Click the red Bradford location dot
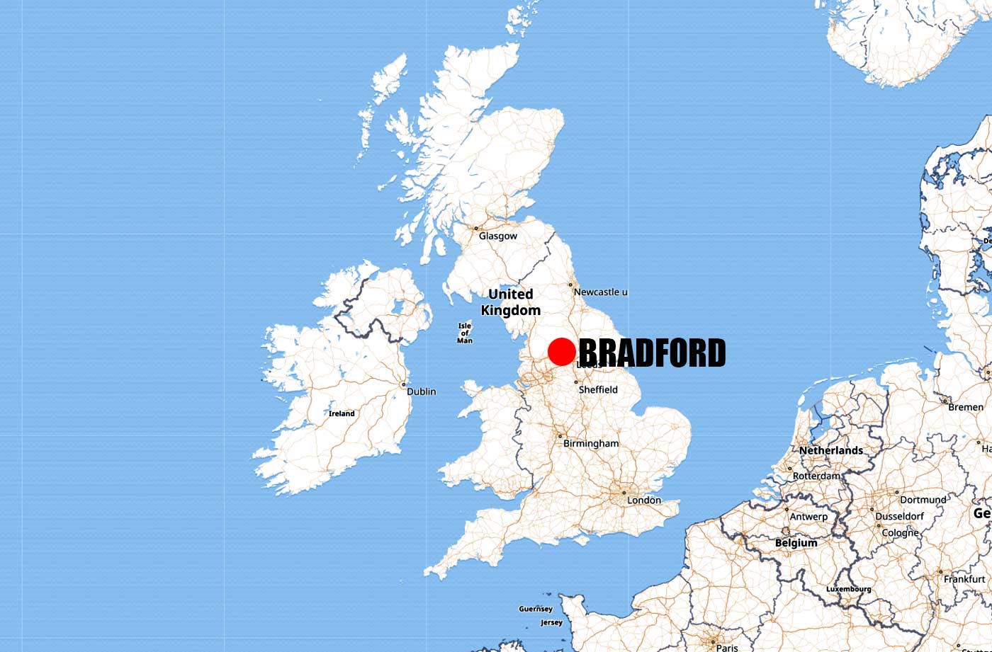[561, 352]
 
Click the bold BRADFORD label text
[652, 353]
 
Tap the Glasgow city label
[497, 236]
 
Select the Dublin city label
[421, 391]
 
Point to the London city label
[643, 500]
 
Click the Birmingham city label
[590, 444]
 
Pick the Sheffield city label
[598, 390]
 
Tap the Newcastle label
[600, 292]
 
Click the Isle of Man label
[465, 333]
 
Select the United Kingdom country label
[510, 302]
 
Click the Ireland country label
[342, 413]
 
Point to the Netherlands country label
[830, 450]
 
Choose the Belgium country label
[796, 543]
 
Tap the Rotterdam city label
[816, 476]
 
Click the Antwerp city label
[808, 517]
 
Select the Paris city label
[726, 647]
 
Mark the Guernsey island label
[535, 609]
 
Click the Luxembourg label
[848, 589]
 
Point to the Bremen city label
[965, 407]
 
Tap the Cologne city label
[900, 532]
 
